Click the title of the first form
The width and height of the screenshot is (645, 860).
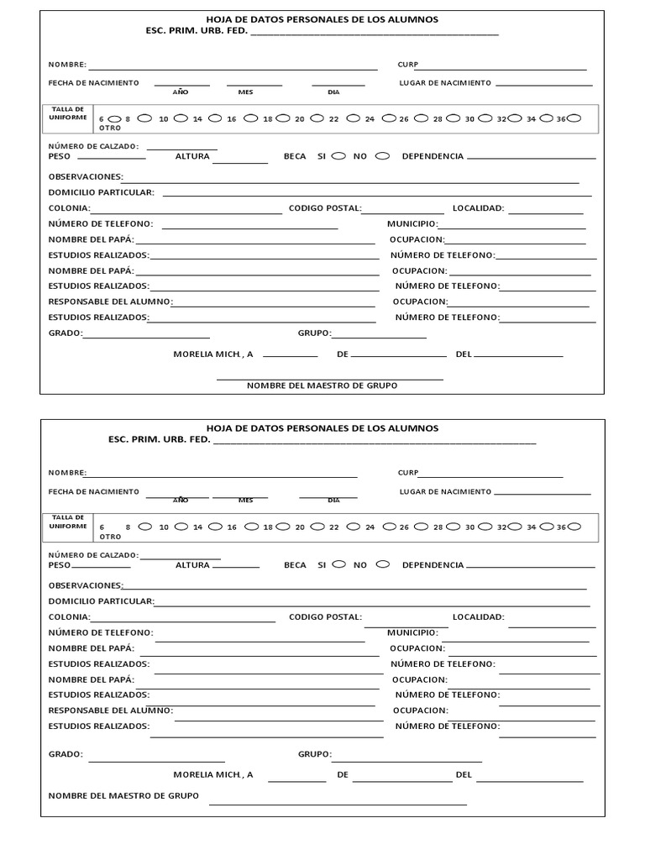322,19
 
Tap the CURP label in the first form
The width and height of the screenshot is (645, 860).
407,65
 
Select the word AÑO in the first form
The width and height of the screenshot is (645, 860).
181,92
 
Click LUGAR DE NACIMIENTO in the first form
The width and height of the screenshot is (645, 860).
445,83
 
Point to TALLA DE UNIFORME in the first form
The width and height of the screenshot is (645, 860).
68,113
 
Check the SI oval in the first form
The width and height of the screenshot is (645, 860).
338,155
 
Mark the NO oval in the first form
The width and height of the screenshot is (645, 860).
382,155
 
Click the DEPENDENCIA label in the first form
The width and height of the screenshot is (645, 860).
433,156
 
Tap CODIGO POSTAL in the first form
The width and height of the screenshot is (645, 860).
325,208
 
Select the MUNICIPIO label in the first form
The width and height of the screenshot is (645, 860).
412,224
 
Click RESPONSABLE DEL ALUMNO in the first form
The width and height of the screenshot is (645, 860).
110,301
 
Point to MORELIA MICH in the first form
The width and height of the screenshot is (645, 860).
212,354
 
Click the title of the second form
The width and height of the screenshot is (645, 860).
322,428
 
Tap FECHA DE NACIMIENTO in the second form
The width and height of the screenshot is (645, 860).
93,491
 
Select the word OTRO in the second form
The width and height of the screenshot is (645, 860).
110,536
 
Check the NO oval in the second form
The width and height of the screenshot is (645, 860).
382,564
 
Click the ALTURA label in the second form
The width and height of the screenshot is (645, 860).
192,565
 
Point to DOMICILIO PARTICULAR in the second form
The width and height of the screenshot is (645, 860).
101,601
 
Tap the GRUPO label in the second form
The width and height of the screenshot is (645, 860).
315,754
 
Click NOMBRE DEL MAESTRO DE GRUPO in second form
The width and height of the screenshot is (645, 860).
123,795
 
